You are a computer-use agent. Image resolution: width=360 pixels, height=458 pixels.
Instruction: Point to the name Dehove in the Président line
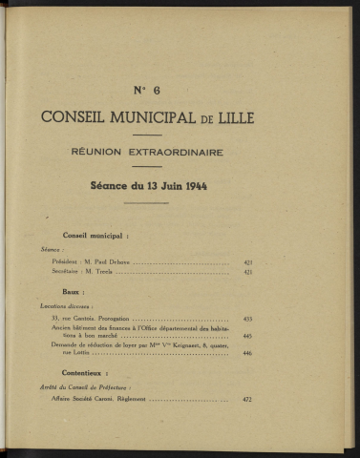click(120, 260)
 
